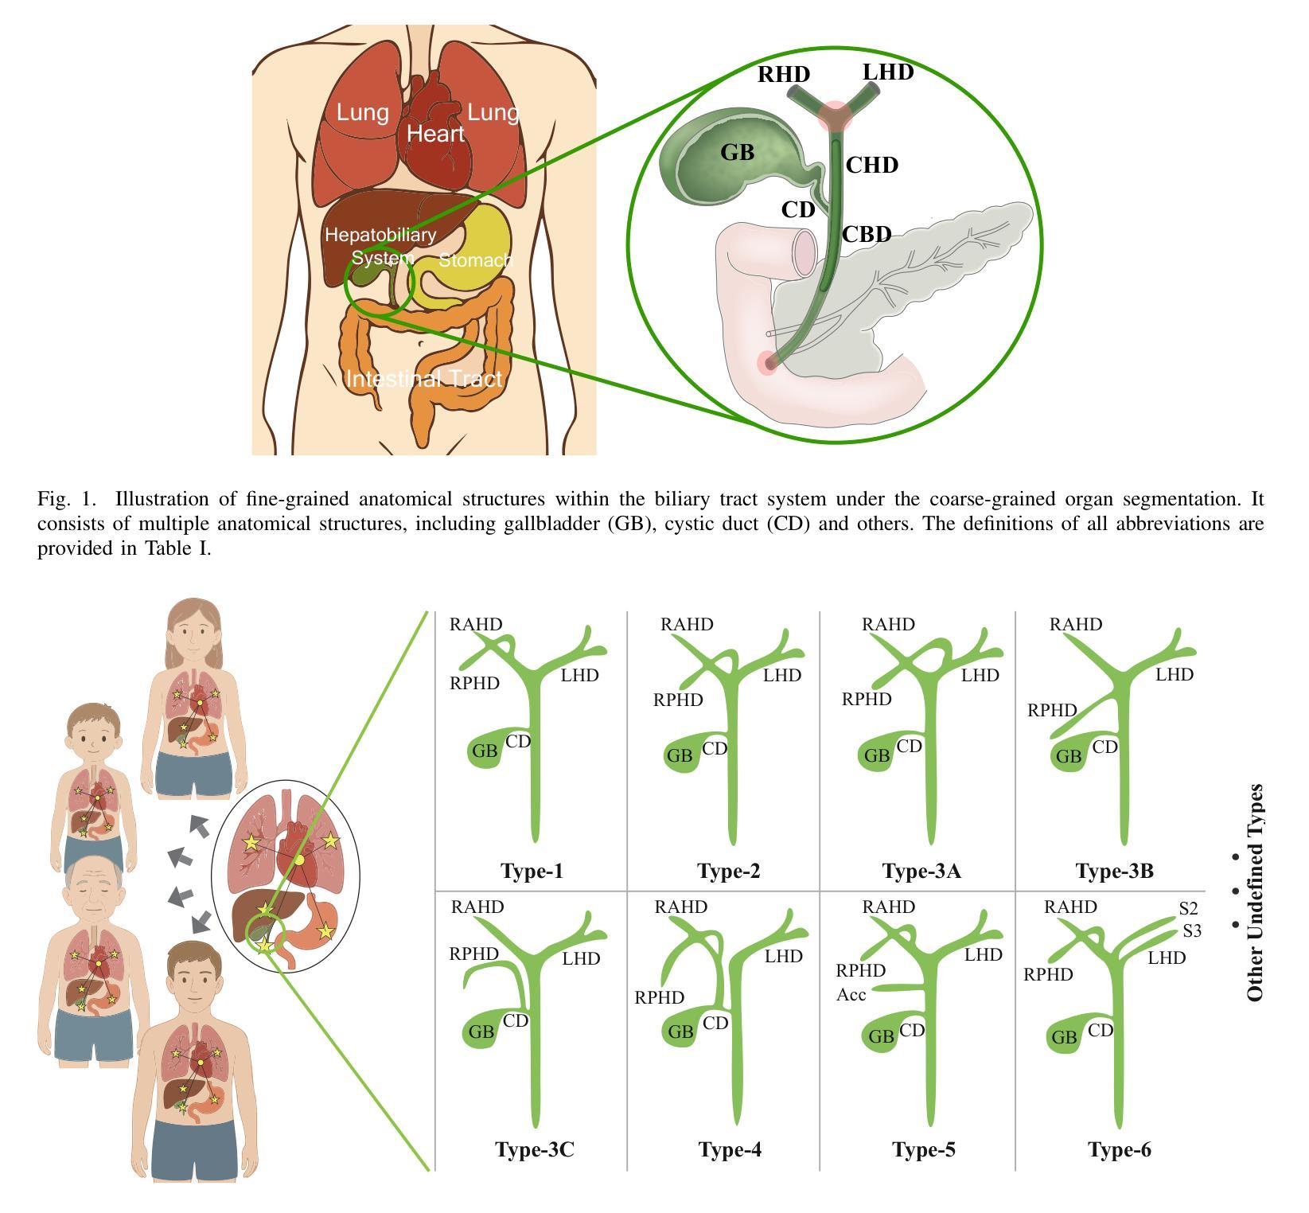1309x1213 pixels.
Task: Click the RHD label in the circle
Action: coord(783,74)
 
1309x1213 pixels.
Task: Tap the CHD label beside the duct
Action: coord(871,165)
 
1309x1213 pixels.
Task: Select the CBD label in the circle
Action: coord(866,234)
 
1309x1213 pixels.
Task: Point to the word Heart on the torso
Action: coord(435,134)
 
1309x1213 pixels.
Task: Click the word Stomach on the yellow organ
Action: coord(476,260)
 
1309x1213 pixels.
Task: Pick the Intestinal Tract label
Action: coord(425,379)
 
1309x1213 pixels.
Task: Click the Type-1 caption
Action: coord(532,871)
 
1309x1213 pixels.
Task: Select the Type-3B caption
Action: coord(1114,871)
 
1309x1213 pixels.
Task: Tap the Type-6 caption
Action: coord(1119,1149)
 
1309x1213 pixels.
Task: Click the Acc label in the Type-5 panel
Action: coord(851,994)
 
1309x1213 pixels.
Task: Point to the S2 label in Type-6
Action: coord(1188,908)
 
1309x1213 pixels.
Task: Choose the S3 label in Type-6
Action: coord(1191,930)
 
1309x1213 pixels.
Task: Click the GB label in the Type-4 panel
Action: coord(680,1032)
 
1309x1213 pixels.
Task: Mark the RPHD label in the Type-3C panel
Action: coord(474,954)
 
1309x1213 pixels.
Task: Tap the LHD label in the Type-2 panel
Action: coord(782,676)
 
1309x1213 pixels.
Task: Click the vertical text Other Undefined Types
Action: coord(1255,892)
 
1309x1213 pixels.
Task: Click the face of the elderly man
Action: coord(94,891)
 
